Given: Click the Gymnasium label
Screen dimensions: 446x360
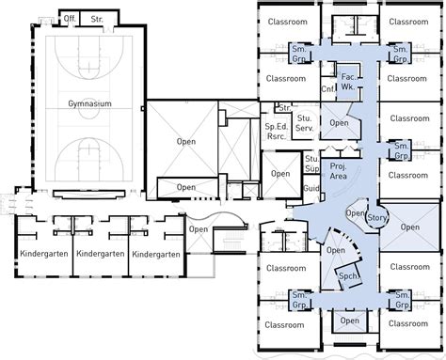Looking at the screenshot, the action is pyautogui.click(x=89, y=103).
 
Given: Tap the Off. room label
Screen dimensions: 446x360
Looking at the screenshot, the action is pyautogui.click(x=70, y=19).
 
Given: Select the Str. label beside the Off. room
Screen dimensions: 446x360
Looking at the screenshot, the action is pyautogui.click(x=97, y=19).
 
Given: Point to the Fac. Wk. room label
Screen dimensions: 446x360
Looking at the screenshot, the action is pyautogui.click(x=348, y=82).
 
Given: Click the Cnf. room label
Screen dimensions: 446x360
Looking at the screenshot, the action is pyautogui.click(x=328, y=89).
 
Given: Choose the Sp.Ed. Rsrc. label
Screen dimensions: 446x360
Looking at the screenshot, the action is pyautogui.click(x=276, y=132).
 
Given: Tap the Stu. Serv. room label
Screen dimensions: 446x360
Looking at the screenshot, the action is pyautogui.click(x=304, y=123).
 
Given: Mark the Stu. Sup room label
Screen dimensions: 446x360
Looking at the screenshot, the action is pyautogui.click(x=311, y=164).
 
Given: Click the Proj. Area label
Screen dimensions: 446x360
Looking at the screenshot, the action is pyautogui.click(x=338, y=171).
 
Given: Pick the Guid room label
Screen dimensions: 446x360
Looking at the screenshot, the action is pyautogui.click(x=311, y=188).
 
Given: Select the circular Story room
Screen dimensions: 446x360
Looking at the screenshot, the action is pyautogui.click(x=376, y=217).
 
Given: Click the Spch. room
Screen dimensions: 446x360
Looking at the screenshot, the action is pyautogui.click(x=349, y=276).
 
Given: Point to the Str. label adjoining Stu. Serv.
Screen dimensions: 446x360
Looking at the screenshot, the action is pyautogui.click(x=284, y=108).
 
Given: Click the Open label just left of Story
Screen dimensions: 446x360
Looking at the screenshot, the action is pyautogui.click(x=355, y=213).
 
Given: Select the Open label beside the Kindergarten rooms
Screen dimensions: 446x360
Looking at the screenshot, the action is pyautogui.click(x=199, y=229).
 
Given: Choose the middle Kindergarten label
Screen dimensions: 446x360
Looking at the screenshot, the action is pyautogui.click(x=101, y=254).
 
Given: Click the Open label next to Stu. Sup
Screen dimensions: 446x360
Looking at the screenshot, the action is pyautogui.click(x=280, y=174).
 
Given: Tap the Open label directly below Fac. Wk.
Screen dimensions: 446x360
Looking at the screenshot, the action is pyautogui.click(x=339, y=123).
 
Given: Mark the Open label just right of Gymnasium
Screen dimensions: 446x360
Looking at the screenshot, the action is pyautogui.click(x=186, y=142).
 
